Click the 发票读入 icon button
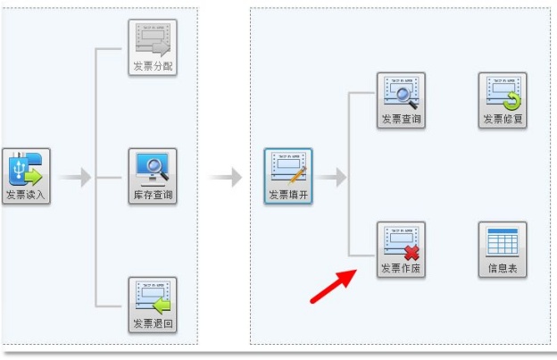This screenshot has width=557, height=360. (25, 176)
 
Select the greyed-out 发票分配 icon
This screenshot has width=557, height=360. (152, 46)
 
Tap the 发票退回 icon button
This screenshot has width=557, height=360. (152, 304)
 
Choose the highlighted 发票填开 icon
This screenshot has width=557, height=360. (287, 176)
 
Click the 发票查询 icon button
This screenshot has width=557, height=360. (401, 99)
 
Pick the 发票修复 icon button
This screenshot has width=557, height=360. (503, 99)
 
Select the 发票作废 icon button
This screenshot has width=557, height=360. (401, 248)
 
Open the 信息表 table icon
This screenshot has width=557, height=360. (503, 248)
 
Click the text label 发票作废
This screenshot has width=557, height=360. (401, 267)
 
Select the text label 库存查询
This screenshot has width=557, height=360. (152, 194)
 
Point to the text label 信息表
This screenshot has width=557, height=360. (503, 267)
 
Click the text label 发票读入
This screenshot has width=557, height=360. (25, 195)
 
